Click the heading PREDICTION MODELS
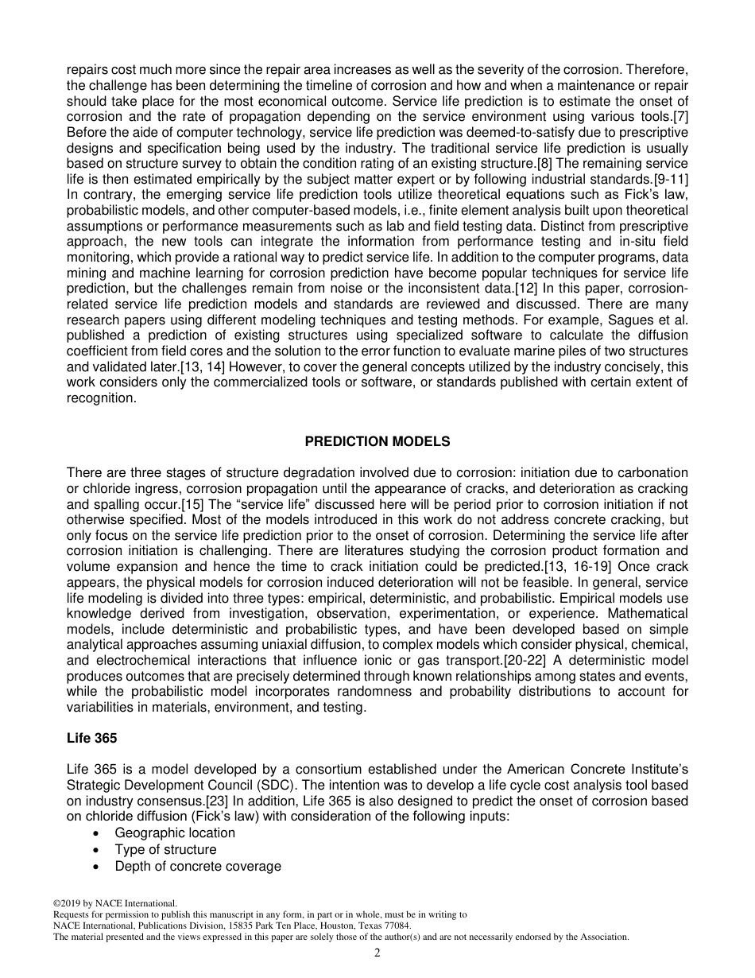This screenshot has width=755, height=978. click(377, 441)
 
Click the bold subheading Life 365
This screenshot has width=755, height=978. click(91, 738)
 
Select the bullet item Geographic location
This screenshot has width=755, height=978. click(175, 832)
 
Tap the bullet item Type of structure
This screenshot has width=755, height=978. click(165, 849)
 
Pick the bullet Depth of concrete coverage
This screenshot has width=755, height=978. click(198, 866)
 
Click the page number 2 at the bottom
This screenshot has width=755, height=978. click(377, 953)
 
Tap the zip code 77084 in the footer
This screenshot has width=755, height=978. click(397, 926)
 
